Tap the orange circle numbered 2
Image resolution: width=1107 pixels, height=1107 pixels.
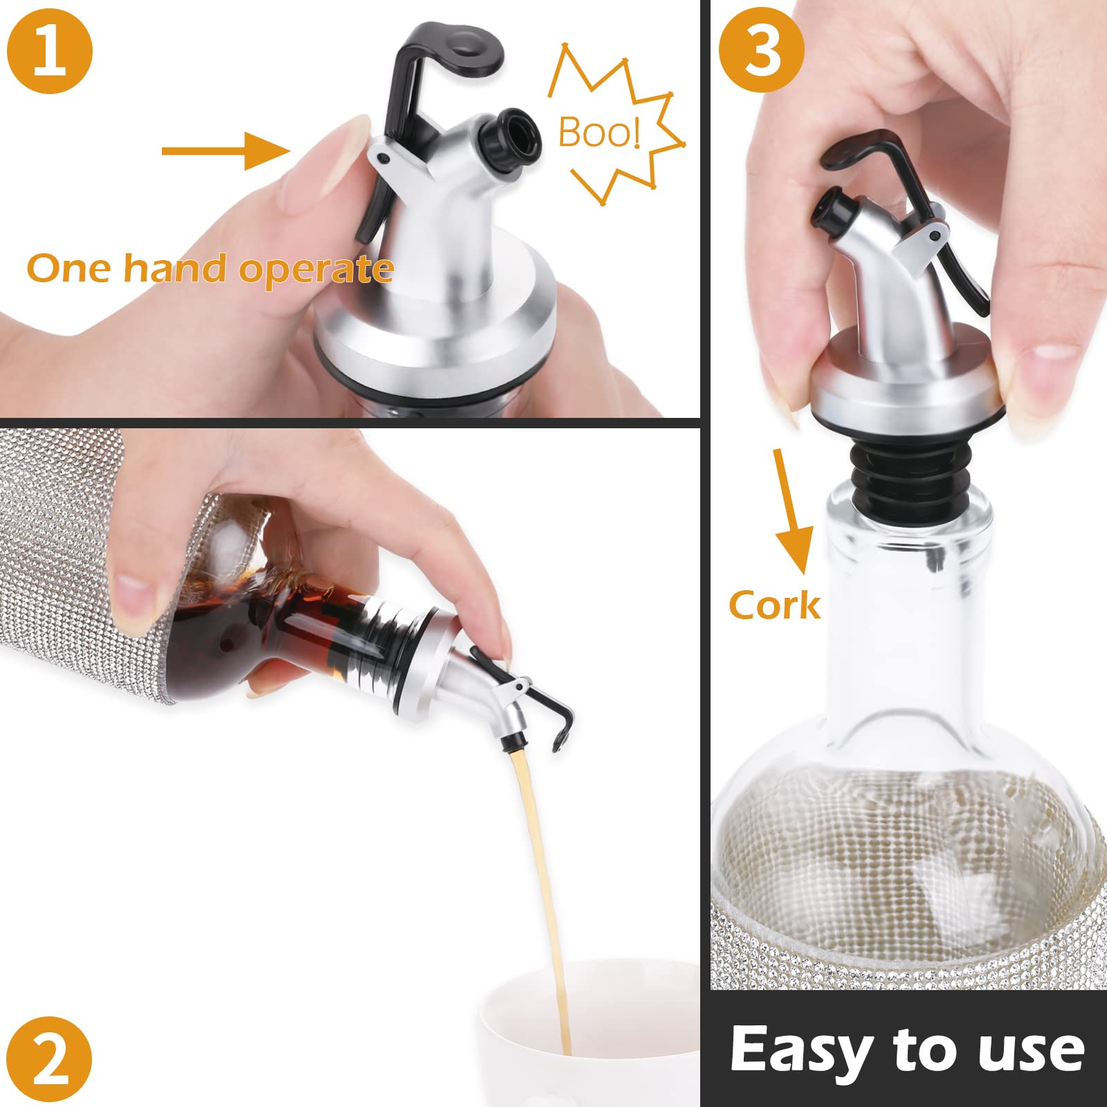[50, 1059]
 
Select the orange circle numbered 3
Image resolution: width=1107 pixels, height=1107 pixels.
[762, 50]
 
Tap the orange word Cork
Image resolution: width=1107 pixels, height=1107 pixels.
[774, 605]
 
